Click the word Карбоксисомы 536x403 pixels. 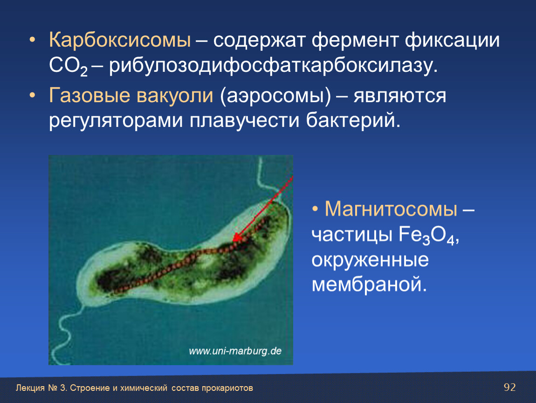coord(120,40)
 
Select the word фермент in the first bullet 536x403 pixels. coord(355,41)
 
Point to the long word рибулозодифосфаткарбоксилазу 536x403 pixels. coord(273,66)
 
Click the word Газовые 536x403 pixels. coord(89,95)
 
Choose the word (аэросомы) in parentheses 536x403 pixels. coord(275,96)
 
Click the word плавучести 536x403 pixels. coord(244,120)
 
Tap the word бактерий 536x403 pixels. coord(353,120)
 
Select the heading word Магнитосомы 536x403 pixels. coord(391,208)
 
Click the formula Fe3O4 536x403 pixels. coord(429,236)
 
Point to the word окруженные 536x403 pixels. coord(370,260)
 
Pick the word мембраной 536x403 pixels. coord(369,284)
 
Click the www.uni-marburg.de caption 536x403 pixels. coord(235,351)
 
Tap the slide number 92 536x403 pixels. coord(510,387)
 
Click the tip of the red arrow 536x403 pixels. coord(233,242)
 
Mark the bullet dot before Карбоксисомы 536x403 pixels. coord(32,40)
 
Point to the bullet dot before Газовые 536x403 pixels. coord(32,95)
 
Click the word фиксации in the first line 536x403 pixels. coord(452,41)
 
